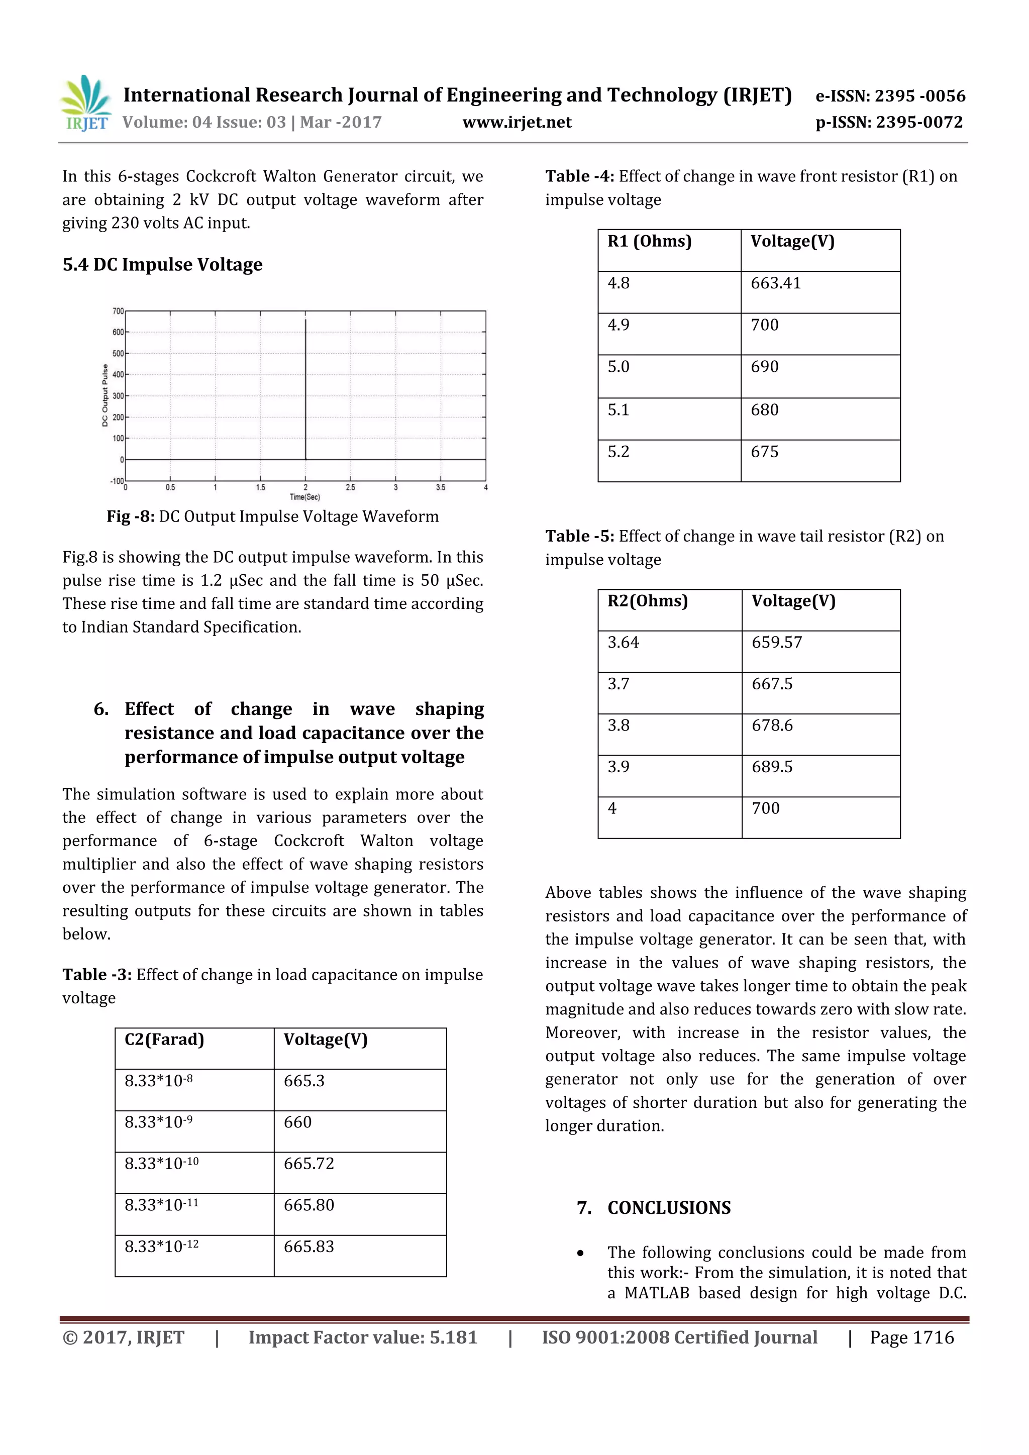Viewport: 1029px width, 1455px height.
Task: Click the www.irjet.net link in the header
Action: click(517, 122)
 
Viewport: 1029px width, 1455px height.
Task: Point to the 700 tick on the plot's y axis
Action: click(118, 311)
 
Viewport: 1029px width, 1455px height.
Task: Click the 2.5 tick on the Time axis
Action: click(350, 487)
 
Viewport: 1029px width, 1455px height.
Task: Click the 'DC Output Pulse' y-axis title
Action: click(105, 395)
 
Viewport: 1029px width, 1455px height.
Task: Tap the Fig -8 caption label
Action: click(130, 516)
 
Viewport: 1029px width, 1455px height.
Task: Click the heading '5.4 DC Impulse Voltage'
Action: click(162, 264)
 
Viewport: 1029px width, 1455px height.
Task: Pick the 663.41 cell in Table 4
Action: click(776, 283)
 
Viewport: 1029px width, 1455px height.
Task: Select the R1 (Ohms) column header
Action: click(650, 242)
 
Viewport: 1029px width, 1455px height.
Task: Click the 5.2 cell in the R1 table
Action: click(619, 452)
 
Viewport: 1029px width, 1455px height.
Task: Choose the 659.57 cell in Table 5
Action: click(777, 643)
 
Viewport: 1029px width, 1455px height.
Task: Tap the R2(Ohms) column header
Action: click(648, 601)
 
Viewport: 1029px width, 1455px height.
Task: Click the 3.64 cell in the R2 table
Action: click(624, 643)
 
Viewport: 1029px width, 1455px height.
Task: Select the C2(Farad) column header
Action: click(164, 1040)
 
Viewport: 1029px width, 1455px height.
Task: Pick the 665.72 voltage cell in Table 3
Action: click(308, 1164)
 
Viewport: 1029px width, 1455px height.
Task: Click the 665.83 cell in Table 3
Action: click(308, 1247)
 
